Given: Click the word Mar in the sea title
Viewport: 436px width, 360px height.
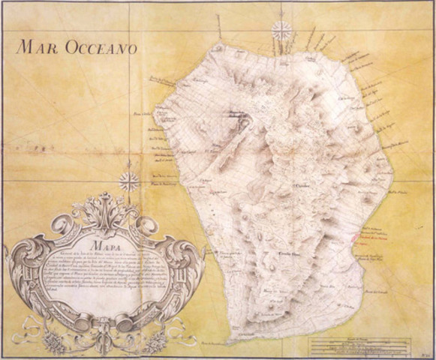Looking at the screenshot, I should [38, 49].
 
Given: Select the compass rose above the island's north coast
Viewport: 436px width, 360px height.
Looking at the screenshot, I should [281, 31].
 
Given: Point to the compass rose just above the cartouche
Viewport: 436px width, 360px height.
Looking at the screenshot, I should [129, 181].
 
